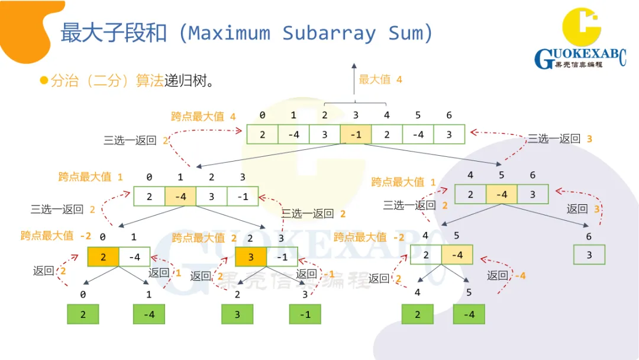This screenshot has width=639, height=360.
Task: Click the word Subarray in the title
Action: point(329,33)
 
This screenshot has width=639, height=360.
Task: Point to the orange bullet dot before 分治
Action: point(43,81)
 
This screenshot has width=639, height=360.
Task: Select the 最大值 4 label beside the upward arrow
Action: point(380,79)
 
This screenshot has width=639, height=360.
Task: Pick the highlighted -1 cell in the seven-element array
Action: point(356,134)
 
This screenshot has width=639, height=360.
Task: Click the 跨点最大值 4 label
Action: point(204,117)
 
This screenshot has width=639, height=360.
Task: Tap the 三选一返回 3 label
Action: point(560,139)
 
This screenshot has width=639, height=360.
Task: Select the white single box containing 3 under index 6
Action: point(589,255)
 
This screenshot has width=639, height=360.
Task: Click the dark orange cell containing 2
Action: point(103,257)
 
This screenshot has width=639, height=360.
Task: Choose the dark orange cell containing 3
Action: point(251,257)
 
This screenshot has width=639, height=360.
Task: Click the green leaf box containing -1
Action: point(305,314)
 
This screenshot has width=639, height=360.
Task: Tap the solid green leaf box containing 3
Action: point(237,314)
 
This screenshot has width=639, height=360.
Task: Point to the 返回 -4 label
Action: point(506,275)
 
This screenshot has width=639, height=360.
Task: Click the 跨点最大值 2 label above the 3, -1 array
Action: point(205,238)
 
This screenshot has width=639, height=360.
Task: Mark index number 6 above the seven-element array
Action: point(448,115)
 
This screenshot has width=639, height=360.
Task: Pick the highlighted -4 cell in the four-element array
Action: point(180,196)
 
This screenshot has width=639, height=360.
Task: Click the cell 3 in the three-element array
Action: point(532,194)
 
